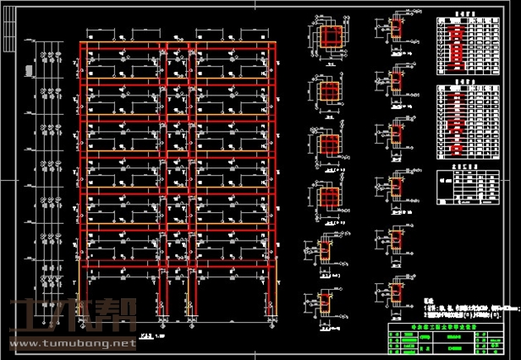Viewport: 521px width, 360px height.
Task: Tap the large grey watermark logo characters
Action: tap(68, 319)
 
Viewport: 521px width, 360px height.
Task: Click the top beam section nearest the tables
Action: tap(394, 35)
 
